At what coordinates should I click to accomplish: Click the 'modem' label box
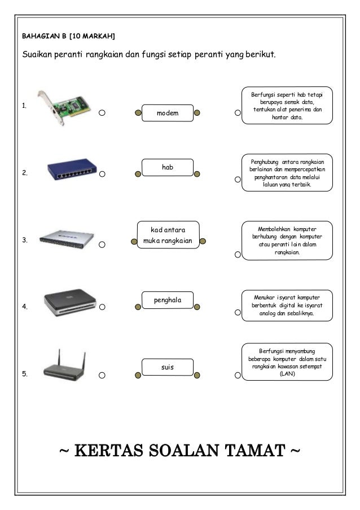(x=167, y=113)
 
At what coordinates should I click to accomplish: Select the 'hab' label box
(x=167, y=168)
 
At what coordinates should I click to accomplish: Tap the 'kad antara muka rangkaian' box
(x=168, y=236)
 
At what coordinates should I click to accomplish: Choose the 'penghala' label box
(x=168, y=300)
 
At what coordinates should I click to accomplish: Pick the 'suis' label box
(x=167, y=368)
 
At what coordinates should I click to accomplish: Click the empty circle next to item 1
(x=102, y=112)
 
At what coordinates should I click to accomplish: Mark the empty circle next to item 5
(x=102, y=375)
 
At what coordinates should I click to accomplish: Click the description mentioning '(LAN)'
(x=287, y=362)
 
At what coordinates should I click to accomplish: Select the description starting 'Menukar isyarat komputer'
(x=287, y=305)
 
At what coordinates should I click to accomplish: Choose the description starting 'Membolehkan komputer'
(x=287, y=241)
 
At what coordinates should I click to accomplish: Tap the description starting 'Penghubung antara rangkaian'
(x=287, y=173)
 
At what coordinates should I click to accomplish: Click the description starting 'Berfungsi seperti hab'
(x=287, y=104)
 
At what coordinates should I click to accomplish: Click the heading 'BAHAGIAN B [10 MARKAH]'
(x=68, y=37)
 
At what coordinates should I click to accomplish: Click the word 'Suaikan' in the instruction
(x=39, y=56)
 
